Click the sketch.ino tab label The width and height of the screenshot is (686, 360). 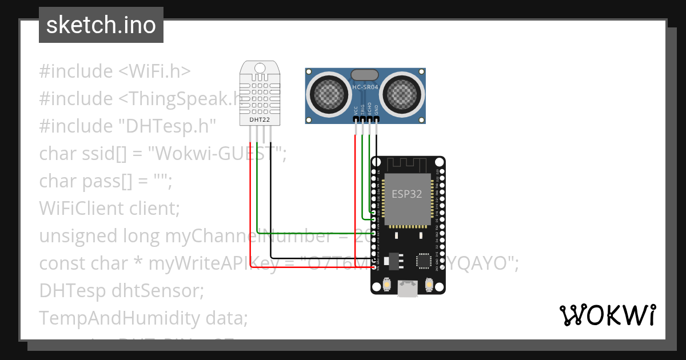pos(101,25)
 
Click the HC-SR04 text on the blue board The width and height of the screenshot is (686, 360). pos(365,87)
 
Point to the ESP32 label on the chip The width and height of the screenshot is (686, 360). pos(406,194)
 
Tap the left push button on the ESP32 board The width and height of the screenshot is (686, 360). pos(387,284)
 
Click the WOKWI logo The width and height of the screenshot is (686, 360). pos(607,315)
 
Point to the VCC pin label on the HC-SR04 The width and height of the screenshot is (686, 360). pos(356,111)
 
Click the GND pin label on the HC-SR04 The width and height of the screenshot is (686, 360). pos(376,111)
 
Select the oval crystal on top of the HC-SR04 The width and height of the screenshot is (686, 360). pos(365,74)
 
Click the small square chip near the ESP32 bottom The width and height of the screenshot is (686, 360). pos(424,261)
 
